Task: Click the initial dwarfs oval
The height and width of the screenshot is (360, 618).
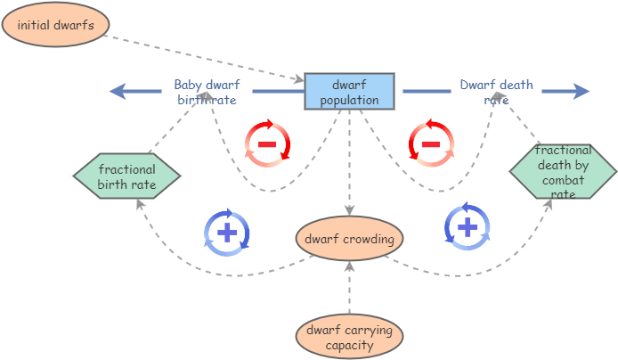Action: point(55,25)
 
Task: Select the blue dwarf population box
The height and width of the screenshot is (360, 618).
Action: point(349,92)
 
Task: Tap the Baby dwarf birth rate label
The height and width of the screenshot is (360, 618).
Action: point(207,93)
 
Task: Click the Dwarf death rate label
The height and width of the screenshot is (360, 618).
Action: point(496,92)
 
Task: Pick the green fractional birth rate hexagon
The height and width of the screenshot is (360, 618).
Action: point(126,176)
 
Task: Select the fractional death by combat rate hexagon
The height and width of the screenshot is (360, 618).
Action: point(562,172)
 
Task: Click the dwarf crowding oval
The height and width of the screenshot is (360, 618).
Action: point(349,239)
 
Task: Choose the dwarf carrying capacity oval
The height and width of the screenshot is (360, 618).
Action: point(349,337)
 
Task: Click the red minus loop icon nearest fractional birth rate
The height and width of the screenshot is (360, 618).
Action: point(267,143)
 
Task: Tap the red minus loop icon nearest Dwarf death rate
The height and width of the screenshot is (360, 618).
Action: point(431,143)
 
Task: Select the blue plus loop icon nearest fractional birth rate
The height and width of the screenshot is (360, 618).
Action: point(227,233)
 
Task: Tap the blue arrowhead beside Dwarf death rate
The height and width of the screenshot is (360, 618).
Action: point(580,91)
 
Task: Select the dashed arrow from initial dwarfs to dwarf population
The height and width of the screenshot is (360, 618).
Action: point(205,56)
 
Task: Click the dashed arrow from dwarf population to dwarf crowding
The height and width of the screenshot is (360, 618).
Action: point(349,160)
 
